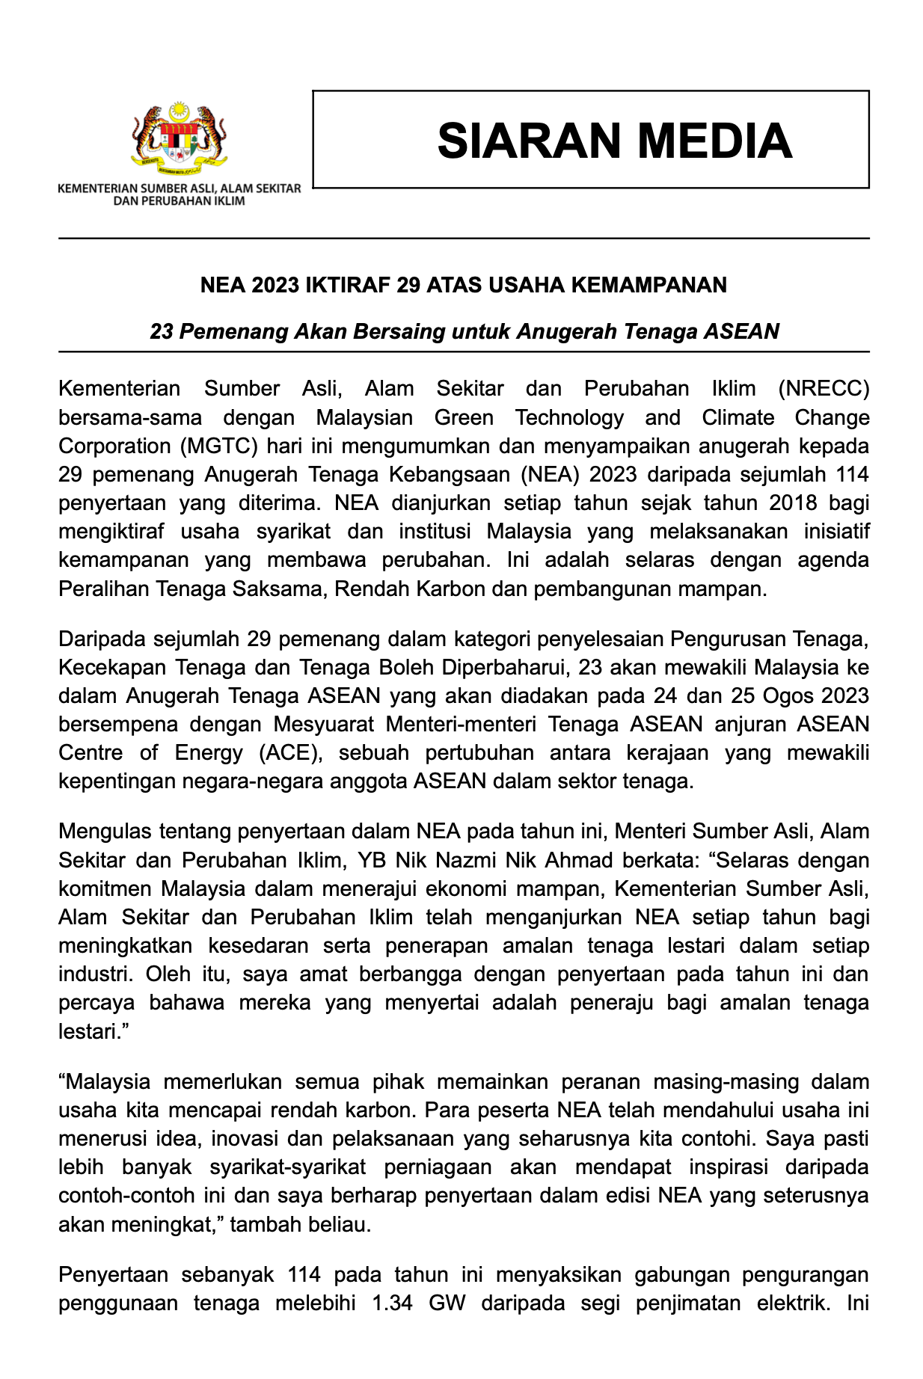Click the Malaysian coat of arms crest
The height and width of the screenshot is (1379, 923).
tap(180, 137)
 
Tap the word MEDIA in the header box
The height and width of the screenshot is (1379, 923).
tap(716, 141)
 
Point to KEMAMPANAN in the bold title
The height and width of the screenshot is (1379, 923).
tap(649, 285)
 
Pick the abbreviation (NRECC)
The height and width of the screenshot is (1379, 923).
tap(823, 389)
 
